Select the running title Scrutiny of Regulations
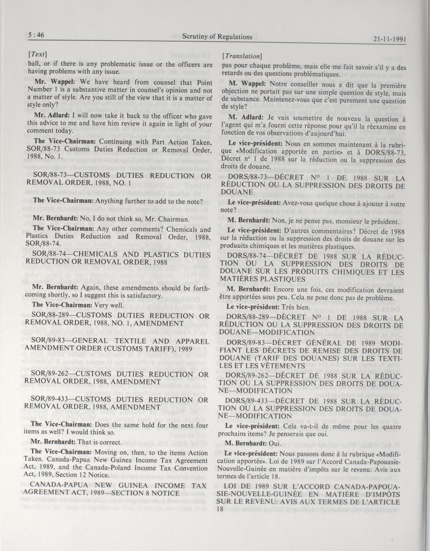217,37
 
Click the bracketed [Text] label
38,54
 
